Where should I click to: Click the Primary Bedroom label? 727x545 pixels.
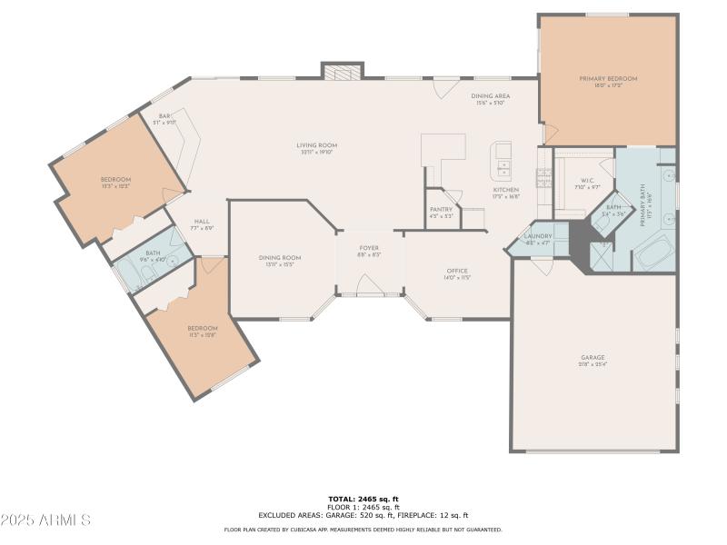(x=608, y=79)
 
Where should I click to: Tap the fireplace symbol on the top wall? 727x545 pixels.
(x=343, y=71)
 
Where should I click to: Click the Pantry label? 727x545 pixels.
(x=441, y=209)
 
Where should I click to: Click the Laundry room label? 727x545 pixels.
(x=538, y=236)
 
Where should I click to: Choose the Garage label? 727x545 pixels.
(x=593, y=357)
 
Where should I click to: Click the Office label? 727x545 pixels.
(x=456, y=272)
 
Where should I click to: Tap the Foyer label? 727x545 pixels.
(x=368, y=248)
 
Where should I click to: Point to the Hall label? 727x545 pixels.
(x=202, y=222)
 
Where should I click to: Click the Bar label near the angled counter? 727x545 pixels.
(x=164, y=116)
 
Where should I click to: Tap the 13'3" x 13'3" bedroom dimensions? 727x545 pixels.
(x=115, y=186)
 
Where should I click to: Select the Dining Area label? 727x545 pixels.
(x=490, y=96)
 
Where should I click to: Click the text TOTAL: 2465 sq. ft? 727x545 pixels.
(x=363, y=499)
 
